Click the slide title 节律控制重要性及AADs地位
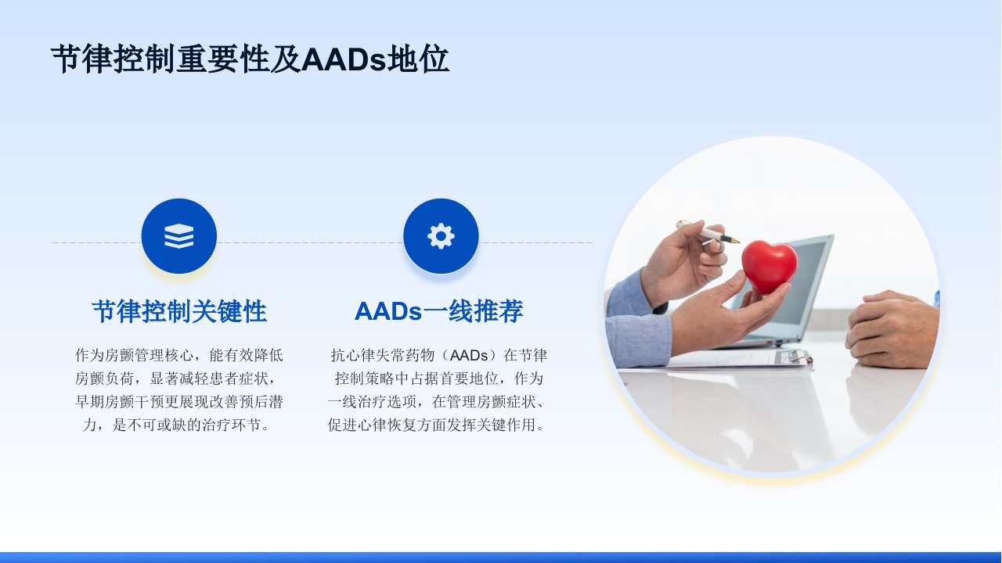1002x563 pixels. pyautogui.click(x=250, y=59)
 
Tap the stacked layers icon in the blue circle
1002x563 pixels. pyautogui.click(x=179, y=236)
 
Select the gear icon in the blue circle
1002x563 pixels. pyautogui.click(x=441, y=236)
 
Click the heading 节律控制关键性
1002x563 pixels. pyautogui.click(x=179, y=311)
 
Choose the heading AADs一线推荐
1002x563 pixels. pyautogui.click(x=439, y=311)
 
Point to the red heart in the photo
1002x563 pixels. pyautogui.click(x=770, y=267)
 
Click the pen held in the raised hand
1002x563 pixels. pyautogui.click(x=707, y=232)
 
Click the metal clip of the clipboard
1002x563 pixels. pyautogui.click(x=793, y=357)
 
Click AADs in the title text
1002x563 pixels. pyautogui.click(x=343, y=59)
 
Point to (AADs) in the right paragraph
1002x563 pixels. pyautogui.click(x=468, y=355)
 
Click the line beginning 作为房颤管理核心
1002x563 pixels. pyautogui.click(x=179, y=355)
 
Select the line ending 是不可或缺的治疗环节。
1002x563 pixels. pyautogui.click(x=178, y=425)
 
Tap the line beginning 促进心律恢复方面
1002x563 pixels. pyautogui.click(x=437, y=425)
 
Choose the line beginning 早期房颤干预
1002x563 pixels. pyautogui.click(x=179, y=402)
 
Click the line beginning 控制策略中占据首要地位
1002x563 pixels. pyautogui.click(x=439, y=378)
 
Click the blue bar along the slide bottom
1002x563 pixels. pyautogui.click(x=501, y=558)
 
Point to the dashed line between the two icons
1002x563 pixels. pyautogui.click(x=310, y=242)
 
